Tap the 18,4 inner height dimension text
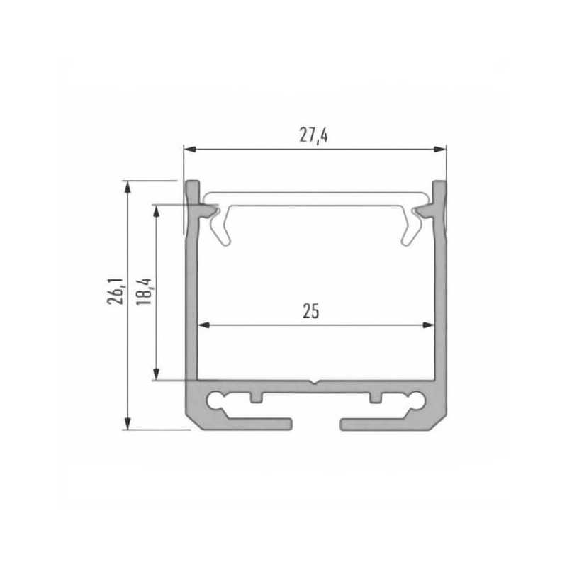click(146, 290)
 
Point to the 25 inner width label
click(310, 311)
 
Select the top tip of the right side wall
click(439, 186)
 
